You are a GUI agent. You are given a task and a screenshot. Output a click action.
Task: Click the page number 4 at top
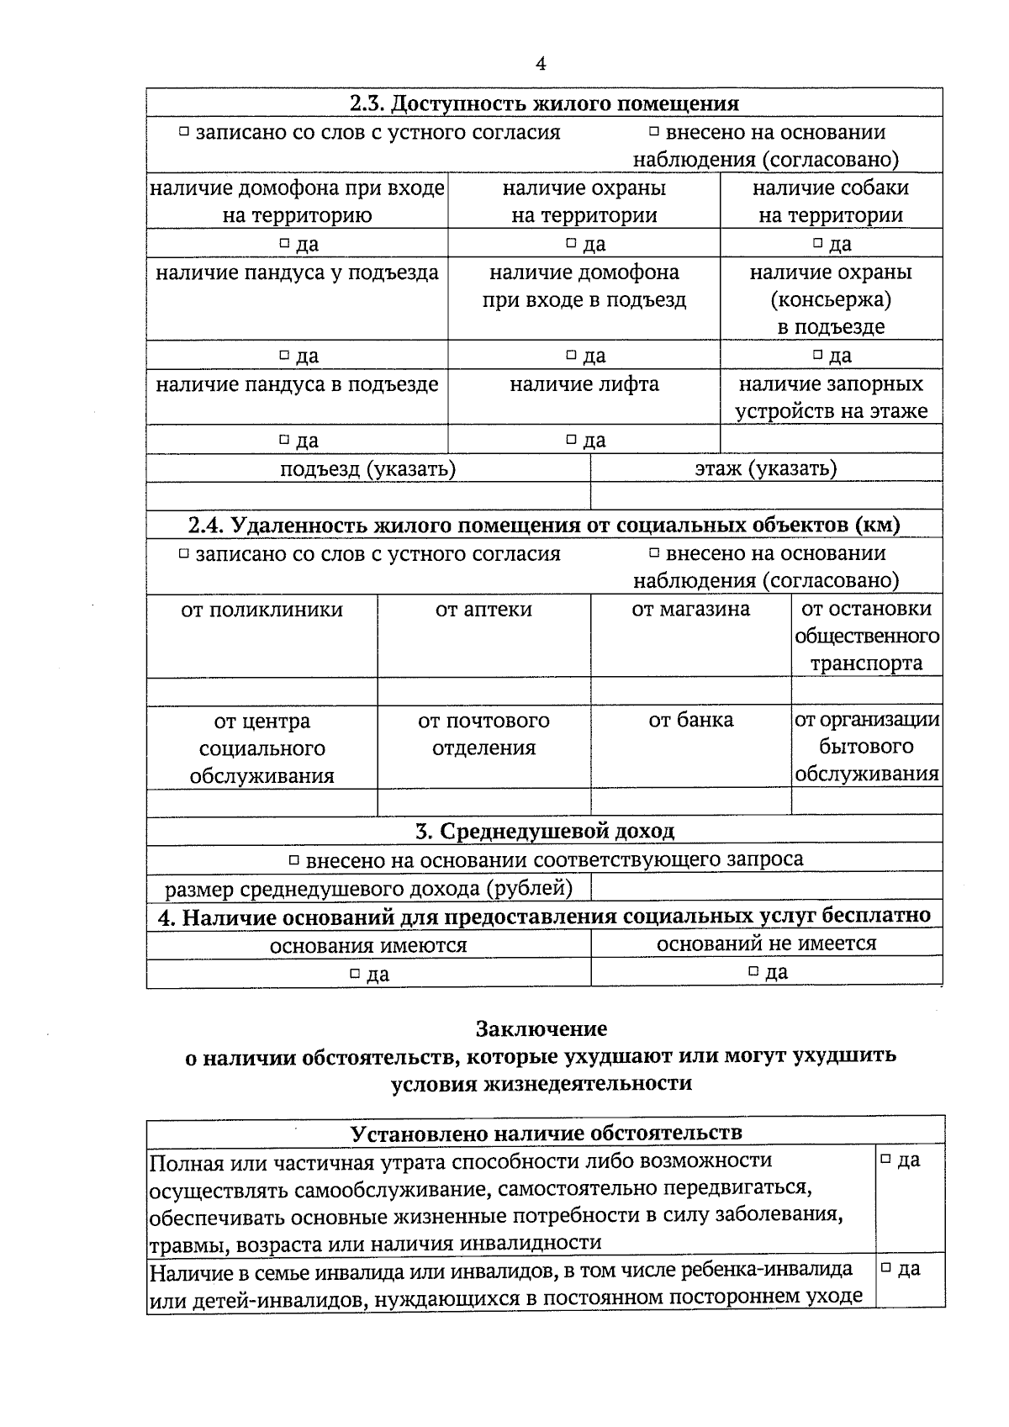[x=541, y=64]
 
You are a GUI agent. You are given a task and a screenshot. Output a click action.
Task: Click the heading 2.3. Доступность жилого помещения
[x=544, y=103]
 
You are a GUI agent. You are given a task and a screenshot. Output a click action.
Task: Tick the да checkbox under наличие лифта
[x=571, y=440]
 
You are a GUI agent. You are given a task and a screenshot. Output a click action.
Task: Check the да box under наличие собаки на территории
[x=817, y=244]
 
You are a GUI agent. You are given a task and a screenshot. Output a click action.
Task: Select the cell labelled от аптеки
[x=483, y=610]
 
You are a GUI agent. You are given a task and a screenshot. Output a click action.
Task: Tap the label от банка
[x=690, y=721]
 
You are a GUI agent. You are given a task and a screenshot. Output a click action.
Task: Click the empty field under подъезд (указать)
[x=368, y=496]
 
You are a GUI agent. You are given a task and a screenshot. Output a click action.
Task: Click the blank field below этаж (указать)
[x=765, y=496]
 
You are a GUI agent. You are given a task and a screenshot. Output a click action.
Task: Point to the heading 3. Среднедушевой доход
[x=544, y=832]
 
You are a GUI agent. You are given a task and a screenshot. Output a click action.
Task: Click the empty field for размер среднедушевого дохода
[x=765, y=887]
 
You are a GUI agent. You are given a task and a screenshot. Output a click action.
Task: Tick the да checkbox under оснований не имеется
[x=754, y=972]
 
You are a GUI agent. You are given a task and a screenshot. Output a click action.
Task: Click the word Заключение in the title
[x=541, y=1028]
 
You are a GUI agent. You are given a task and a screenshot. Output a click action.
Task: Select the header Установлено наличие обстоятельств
[x=546, y=1133]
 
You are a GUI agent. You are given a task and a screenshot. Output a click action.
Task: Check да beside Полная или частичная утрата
[x=885, y=1160]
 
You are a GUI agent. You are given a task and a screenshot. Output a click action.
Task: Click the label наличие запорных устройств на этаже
[x=831, y=398]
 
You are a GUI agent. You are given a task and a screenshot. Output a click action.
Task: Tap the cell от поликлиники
[x=261, y=610]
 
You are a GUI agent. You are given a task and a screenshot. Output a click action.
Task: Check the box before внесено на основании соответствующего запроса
[x=294, y=860]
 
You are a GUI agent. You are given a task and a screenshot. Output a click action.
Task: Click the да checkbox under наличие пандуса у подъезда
[x=284, y=356]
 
